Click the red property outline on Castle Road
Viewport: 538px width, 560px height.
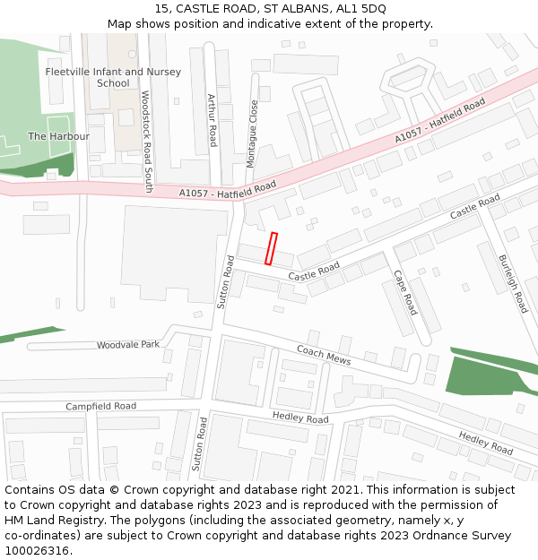(x=271, y=249)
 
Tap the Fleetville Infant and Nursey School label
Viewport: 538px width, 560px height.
(x=113, y=77)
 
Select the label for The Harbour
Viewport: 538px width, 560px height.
(x=58, y=136)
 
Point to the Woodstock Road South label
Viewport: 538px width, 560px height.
(x=147, y=142)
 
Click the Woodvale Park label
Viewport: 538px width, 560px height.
(x=128, y=345)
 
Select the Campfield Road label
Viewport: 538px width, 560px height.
(x=100, y=406)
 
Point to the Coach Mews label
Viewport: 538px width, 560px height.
(x=324, y=355)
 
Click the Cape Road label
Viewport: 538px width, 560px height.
(x=405, y=293)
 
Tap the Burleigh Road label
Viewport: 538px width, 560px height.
(x=513, y=284)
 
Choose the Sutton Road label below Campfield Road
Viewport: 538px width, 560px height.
(x=199, y=444)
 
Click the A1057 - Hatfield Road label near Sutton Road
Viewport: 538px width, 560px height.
(x=227, y=191)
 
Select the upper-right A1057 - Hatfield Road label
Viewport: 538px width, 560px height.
(x=439, y=121)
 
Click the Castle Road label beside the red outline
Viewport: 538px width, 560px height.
(x=314, y=269)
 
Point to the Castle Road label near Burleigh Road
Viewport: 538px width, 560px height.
(x=475, y=206)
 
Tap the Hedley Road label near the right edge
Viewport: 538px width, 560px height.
(x=485, y=443)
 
